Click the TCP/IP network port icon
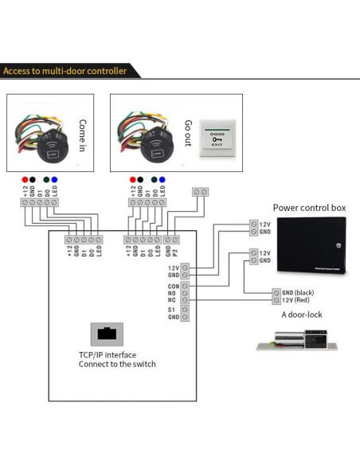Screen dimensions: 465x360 point(105,332)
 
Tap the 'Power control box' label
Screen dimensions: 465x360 point(310,208)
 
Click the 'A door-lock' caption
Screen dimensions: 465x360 point(301,315)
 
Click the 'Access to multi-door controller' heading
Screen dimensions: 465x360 point(65,71)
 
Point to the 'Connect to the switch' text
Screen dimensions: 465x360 point(116,364)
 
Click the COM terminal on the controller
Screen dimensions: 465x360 point(185,284)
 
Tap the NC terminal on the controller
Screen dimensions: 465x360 point(185,299)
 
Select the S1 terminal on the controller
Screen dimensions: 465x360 point(185,309)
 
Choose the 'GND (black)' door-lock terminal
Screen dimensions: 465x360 point(276,292)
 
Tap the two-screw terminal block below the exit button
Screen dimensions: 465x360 point(202,192)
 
